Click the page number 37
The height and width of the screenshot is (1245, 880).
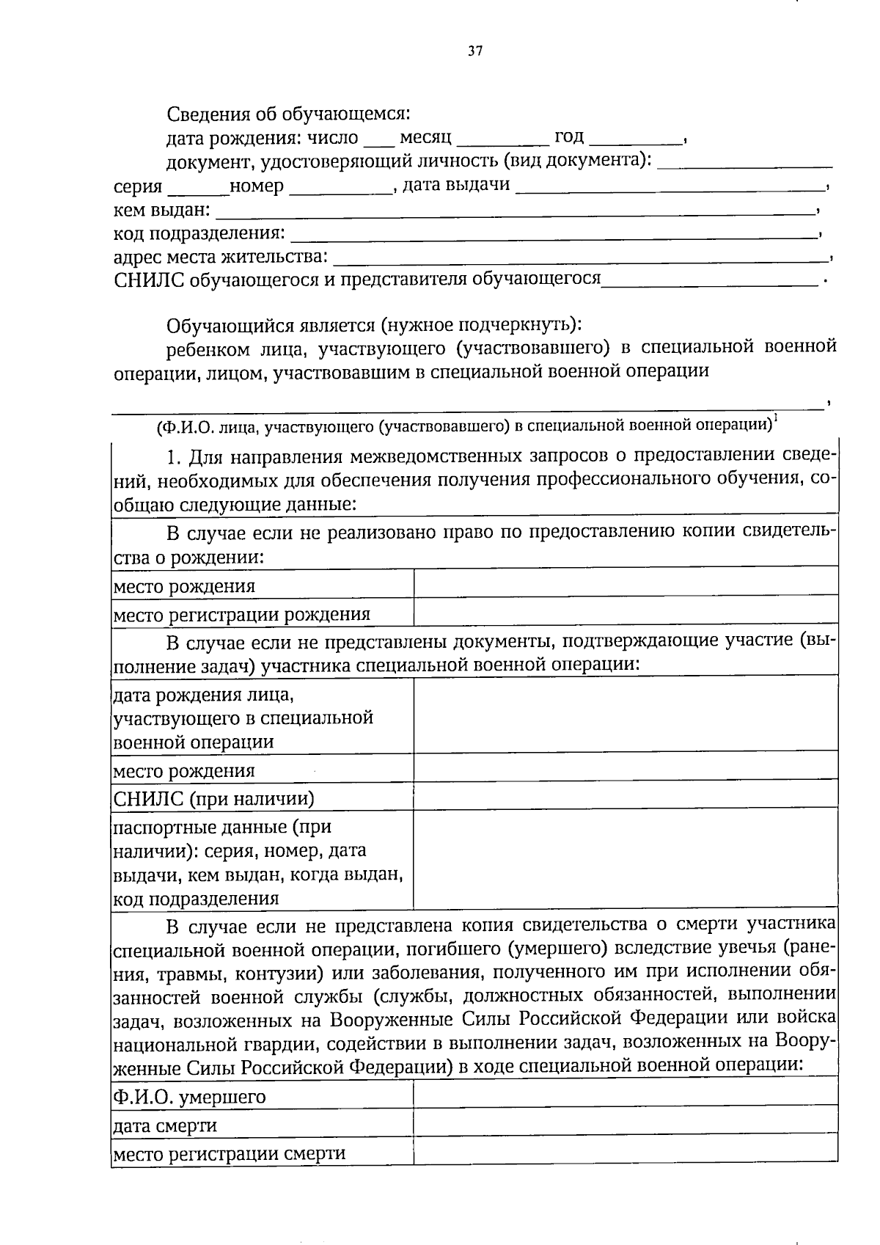(x=475, y=51)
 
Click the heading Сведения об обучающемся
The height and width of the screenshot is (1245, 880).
(x=289, y=114)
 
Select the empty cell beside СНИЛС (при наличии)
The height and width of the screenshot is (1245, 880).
(x=626, y=794)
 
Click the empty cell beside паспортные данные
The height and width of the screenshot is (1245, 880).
(x=626, y=858)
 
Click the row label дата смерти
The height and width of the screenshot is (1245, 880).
(x=164, y=1126)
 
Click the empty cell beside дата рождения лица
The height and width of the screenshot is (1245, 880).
(x=626, y=714)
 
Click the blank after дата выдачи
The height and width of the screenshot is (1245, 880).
(x=671, y=188)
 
